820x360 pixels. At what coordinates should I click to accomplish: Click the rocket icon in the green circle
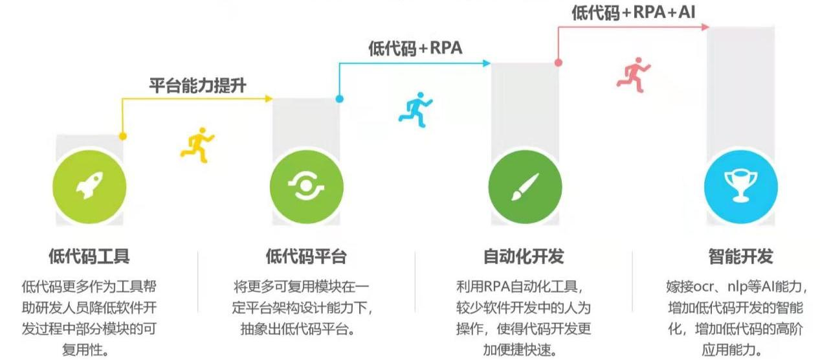pyautogui.click(x=89, y=188)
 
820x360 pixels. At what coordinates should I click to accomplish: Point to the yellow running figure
pyautogui.click(x=197, y=144)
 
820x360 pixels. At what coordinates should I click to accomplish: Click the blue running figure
pyautogui.click(x=415, y=108)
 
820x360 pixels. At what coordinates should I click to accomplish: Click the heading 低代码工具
pyautogui.click(x=89, y=256)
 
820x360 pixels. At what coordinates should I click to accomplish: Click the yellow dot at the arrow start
pyautogui.click(x=122, y=136)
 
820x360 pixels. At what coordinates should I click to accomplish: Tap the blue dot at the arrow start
pyautogui.click(x=339, y=99)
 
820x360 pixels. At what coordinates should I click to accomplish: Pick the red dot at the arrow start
pyautogui.click(x=558, y=63)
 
